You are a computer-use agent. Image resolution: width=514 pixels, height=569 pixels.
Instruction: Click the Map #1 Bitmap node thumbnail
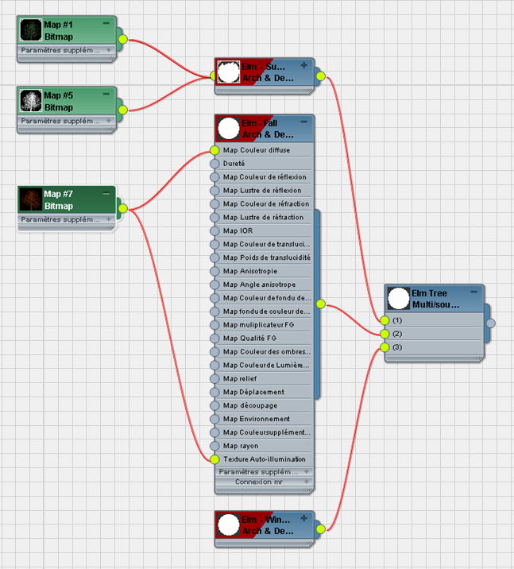pyautogui.click(x=31, y=31)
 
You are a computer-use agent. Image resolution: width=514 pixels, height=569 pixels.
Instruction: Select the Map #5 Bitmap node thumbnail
pyautogui.click(x=31, y=101)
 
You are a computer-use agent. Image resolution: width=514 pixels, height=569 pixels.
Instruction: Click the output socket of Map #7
pyautogui.click(x=122, y=209)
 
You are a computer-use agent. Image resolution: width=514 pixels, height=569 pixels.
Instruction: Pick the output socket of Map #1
pyautogui.click(x=122, y=39)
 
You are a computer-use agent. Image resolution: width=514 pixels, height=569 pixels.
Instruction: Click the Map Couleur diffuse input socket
pyautogui.click(x=214, y=150)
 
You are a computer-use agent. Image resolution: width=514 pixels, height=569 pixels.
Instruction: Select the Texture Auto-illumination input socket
pyautogui.click(x=214, y=459)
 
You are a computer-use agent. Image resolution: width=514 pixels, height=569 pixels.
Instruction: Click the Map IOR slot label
pyautogui.click(x=238, y=230)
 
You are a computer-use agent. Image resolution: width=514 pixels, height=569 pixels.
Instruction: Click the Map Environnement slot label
pyautogui.click(x=256, y=419)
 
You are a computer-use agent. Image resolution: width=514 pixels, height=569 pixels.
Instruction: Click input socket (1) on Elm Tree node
pyautogui.click(x=385, y=320)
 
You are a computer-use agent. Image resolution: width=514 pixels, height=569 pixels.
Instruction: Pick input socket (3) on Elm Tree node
pyautogui.click(x=385, y=347)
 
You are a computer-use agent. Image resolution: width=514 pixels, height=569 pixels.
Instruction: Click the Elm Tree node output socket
pyautogui.click(x=491, y=323)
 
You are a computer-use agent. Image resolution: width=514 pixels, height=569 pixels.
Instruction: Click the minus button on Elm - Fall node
pyautogui.click(x=303, y=122)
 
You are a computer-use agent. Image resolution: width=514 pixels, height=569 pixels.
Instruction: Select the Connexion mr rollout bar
pyautogui.click(x=264, y=482)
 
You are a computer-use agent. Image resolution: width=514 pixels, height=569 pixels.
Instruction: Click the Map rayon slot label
pyautogui.click(x=240, y=446)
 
